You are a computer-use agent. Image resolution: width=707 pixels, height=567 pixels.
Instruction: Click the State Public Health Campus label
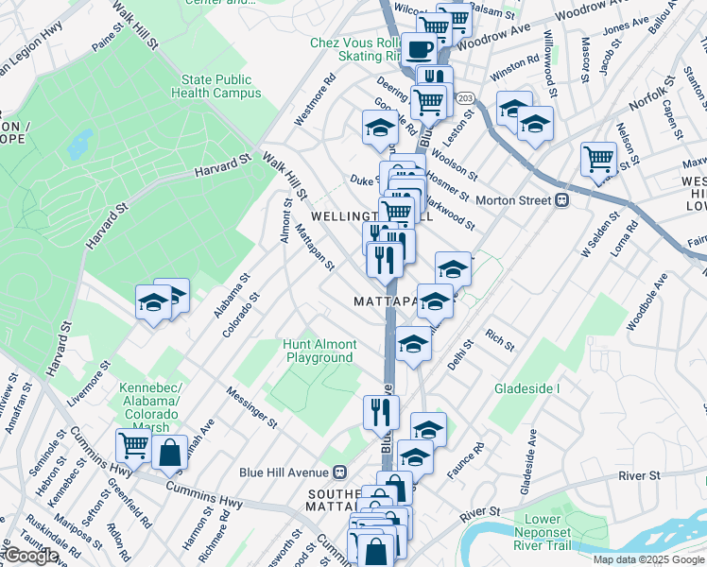tap(216, 87)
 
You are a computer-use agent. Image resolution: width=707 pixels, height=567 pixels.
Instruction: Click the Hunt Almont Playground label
tap(320, 351)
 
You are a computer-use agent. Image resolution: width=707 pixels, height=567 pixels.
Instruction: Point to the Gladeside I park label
tap(527, 388)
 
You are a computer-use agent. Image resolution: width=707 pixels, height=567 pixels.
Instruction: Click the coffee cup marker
tap(418, 49)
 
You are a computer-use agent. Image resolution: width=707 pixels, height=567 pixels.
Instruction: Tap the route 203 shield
tap(464, 98)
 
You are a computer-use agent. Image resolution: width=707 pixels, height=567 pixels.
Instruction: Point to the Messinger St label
tap(252, 405)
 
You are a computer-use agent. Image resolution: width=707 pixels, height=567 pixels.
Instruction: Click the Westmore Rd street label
tap(315, 100)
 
